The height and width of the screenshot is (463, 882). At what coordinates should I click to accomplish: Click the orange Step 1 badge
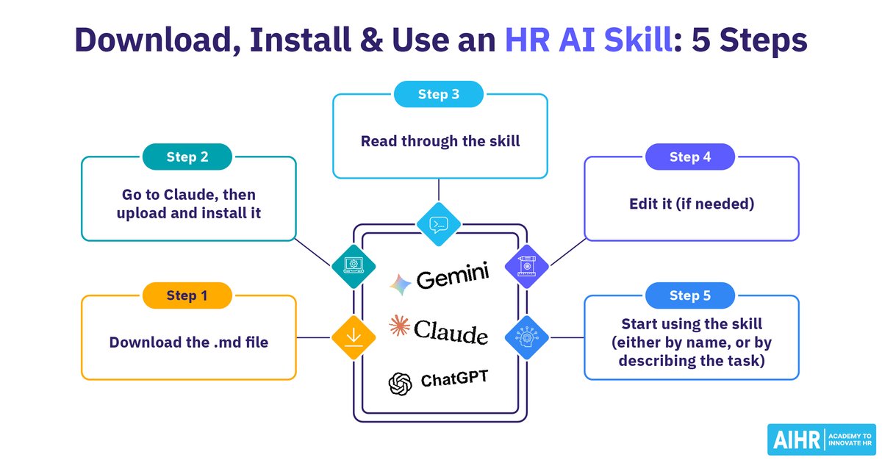tap(187, 295)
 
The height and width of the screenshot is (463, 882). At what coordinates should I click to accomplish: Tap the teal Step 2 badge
tap(187, 157)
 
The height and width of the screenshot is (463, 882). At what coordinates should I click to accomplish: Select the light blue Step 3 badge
tap(439, 94)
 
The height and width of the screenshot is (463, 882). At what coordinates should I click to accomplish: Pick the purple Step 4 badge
tap(690, 157)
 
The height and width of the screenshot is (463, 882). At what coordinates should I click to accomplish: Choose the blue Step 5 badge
tap(690, 295)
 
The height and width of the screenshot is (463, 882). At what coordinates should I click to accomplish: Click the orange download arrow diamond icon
tap(354, 337)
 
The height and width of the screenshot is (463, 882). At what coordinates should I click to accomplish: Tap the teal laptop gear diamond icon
tap(354, 267)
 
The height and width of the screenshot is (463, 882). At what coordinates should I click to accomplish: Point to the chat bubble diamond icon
tap(439, 224)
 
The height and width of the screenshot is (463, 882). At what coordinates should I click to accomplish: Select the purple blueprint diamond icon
tap(527, 267)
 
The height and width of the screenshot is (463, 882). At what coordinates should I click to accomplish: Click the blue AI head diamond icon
tap(527, 337)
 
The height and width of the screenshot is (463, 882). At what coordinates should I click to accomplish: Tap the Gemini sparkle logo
tap(400, 284)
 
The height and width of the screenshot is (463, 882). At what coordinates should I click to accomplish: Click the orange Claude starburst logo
tap(399, 326)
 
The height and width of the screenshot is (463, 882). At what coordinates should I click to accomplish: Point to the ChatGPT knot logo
tap(400, 384)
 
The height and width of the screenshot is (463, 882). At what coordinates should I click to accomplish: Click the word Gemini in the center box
tap(453, 276)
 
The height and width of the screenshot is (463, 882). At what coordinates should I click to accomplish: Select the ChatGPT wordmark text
tap(454, 378)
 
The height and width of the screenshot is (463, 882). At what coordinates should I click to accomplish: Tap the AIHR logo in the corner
tap(822, 439)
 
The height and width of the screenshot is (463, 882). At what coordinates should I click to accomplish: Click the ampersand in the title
tap(371, 40)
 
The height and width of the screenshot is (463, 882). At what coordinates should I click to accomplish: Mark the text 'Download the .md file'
tap(189, 342)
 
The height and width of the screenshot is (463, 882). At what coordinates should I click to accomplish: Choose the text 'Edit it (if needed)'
tap(692, 204)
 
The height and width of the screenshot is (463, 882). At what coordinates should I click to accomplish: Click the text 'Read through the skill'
tap(440, 141)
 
